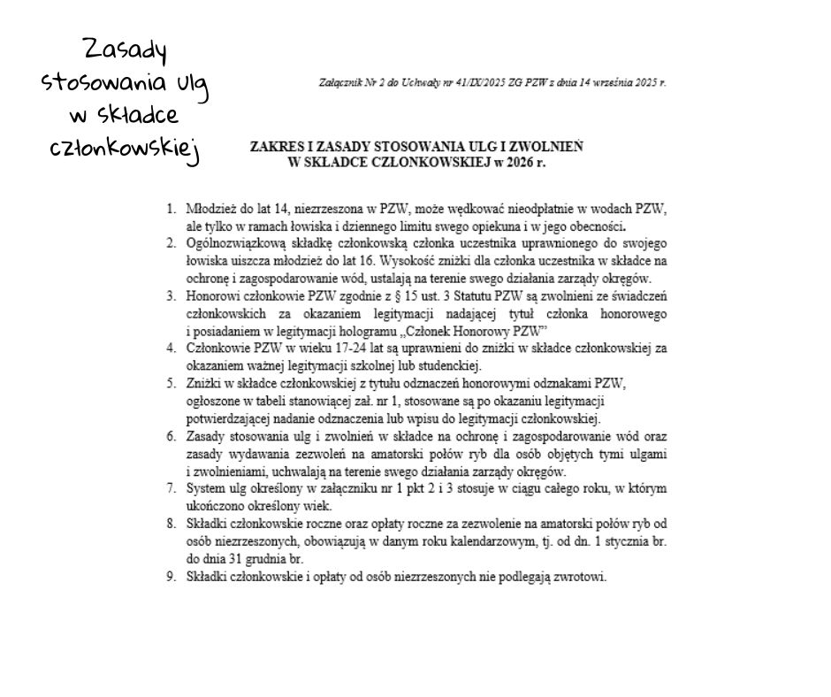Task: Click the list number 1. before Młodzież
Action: pos(172,211)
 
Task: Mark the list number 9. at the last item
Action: pos(172,578)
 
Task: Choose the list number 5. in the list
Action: pos(172,383)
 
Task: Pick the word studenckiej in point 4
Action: pos(446,365)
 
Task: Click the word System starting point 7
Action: pos(205,487)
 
